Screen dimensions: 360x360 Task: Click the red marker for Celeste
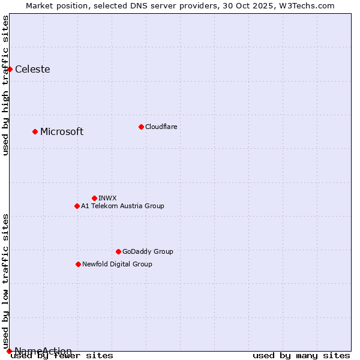click(10, 69)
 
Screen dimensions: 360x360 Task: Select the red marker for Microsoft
click(35, 131)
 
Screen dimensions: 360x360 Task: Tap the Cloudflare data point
click(141, 127)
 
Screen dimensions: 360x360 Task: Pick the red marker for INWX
click(94, 198)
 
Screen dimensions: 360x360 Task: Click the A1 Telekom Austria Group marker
click(77, 206)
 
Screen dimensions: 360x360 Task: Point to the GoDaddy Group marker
click(118, 251)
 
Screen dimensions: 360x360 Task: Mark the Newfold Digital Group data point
click(78, 264)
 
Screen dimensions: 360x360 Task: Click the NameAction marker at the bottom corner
click(9, 351)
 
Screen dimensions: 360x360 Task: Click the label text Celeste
click(32, 69)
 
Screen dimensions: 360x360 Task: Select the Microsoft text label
click(62, 131)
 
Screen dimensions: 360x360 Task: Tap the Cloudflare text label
click(161, 127)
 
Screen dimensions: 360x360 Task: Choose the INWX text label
click(107, 198)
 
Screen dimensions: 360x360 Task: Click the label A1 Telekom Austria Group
click(122, 206)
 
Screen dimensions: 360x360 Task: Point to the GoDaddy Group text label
click(148, 251)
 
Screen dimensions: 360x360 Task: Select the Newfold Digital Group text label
click(117, 264)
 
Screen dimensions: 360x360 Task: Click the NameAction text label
click(43, 351)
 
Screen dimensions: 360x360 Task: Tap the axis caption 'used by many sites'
click(301, 356)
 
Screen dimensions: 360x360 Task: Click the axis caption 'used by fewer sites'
click(62, 356)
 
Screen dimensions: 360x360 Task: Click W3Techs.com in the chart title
click(305, 5)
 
